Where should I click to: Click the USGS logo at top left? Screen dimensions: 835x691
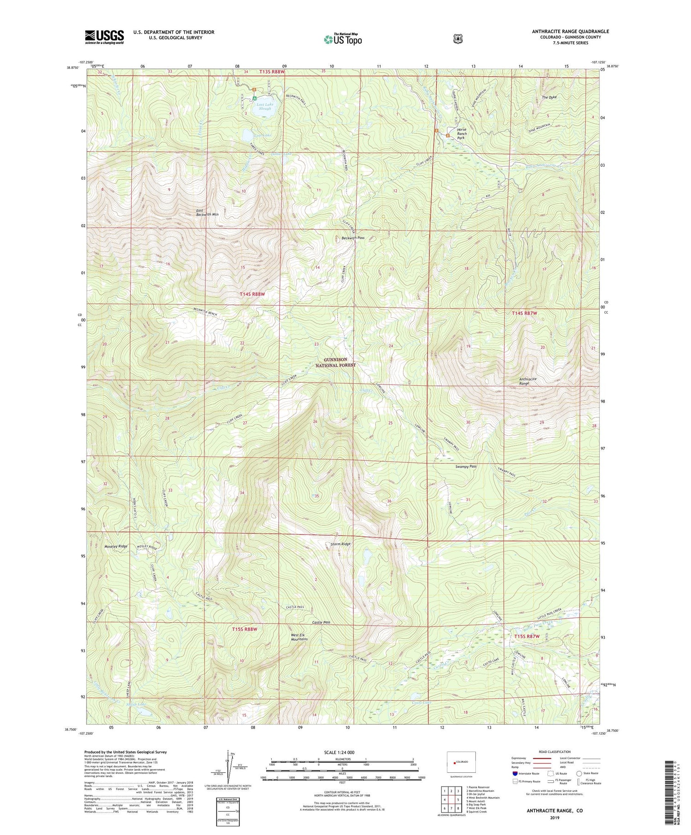click(104, 37)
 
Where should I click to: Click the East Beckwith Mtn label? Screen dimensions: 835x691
click(207, 212)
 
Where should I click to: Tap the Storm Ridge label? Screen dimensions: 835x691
click(341, 544)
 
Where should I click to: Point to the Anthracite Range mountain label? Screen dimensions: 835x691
click(527, 381)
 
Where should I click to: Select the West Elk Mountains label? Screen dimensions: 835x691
click(299, 637)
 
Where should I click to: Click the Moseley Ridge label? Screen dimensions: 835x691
click(116, 546)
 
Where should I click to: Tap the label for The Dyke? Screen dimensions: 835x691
click(549, 97)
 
